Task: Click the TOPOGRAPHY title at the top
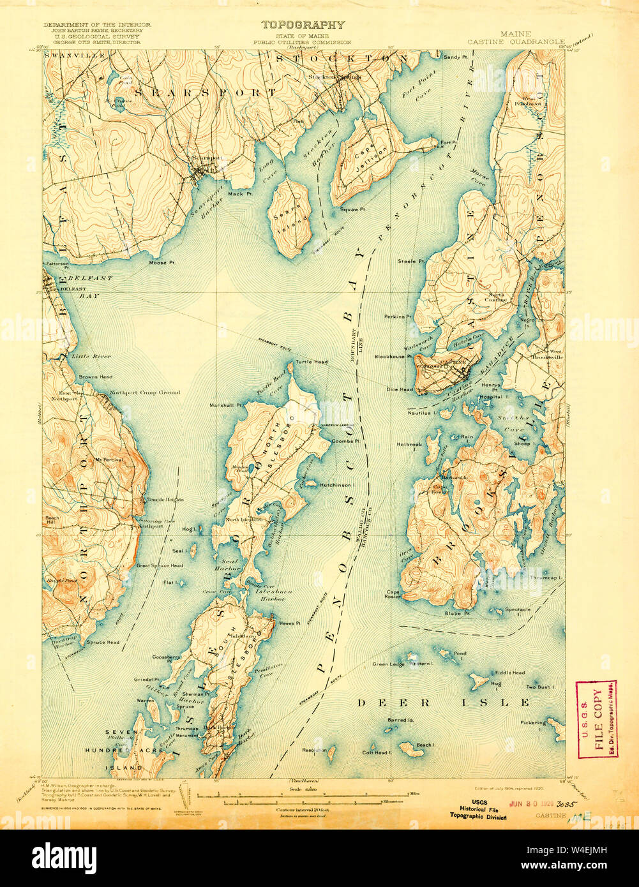click(303, 25)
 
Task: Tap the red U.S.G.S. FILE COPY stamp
click(596, 719)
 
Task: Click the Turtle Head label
click(312, 362)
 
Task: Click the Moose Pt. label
click(158, 262)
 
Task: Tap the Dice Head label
click(400, 389)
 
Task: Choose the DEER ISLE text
click(443, 703)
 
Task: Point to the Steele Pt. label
click(411, 261)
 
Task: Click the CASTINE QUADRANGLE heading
click(516, 42)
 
